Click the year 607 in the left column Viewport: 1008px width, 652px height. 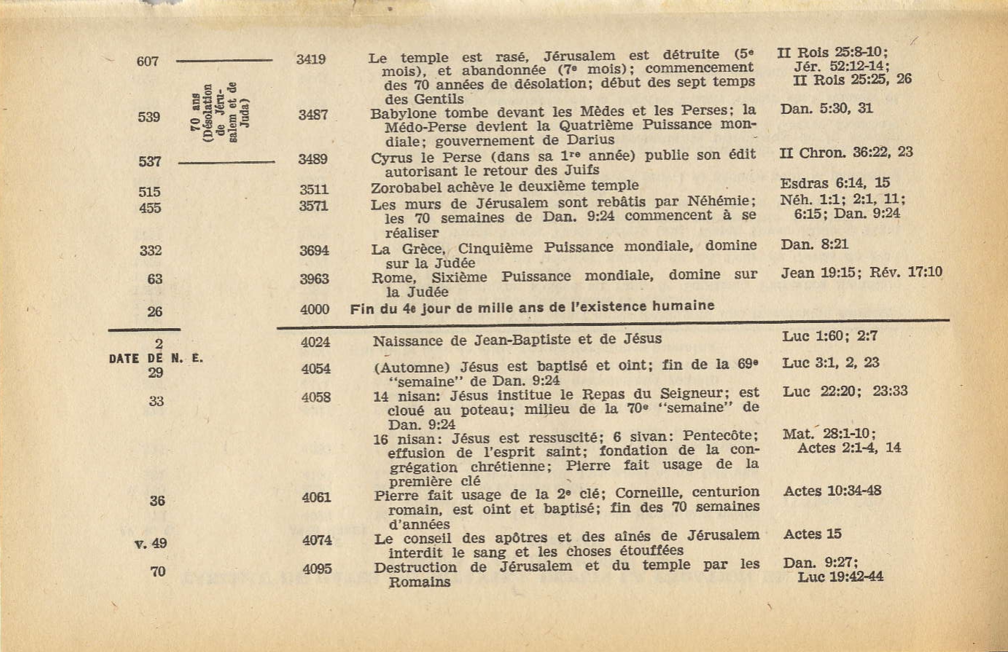coord(148,62)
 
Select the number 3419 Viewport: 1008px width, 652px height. coord(311,59)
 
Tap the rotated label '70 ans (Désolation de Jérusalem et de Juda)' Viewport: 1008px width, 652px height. coord(220,113)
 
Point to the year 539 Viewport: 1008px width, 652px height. coord(149,117)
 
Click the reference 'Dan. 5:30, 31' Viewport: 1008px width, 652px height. coord(826,108)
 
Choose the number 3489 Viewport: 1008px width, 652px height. coord(313,159)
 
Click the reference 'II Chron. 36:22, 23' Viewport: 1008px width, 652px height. coord(846,153)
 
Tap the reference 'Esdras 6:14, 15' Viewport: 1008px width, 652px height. coord(835,183)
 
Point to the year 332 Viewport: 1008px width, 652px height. coord(151,250)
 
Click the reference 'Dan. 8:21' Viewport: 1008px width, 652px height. coord(814,245)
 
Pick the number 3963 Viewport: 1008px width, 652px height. coord(314,279)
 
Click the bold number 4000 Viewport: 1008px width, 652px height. coord(315,309)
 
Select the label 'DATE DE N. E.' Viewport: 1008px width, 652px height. coord(156,358)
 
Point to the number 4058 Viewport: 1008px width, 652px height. coord(316,397)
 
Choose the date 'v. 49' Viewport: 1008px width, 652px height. coord(151,543)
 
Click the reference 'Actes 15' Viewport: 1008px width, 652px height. coord(812,534)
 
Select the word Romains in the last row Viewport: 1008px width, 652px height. coord(419,582)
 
